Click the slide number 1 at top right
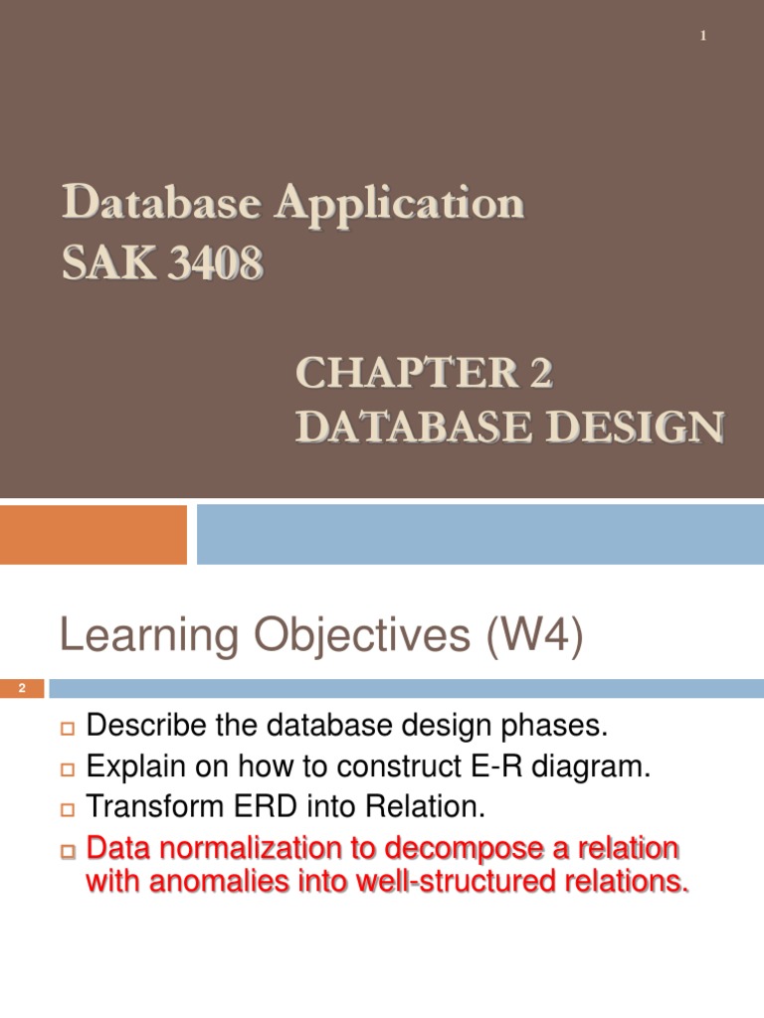coord(703,37)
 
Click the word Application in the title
coord(399,205)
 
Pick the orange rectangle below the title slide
coord(93,535)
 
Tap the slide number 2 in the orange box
coord(22,689)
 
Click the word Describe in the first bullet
coord(143,727)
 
